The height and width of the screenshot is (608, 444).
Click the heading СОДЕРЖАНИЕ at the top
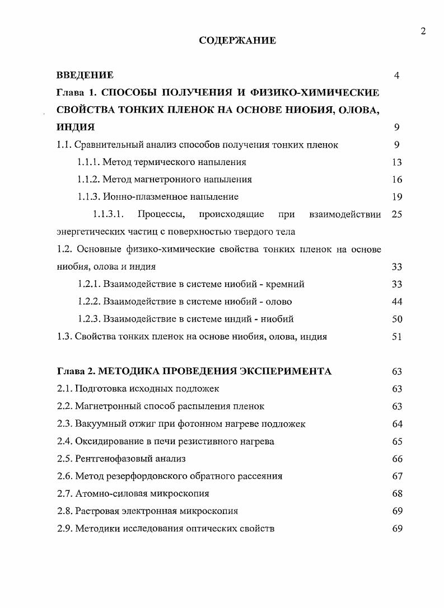click(x=237, y=40)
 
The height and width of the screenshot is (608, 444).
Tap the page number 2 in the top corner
click(x=423, y=31)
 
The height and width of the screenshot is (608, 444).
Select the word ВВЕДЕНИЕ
click(x=85, y=75)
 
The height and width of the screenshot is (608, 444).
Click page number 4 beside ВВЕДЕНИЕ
click(x=396, y=76)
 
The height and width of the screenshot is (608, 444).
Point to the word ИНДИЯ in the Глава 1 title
click(x=76, y=127)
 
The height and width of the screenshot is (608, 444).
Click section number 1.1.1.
click(x=88, y=162)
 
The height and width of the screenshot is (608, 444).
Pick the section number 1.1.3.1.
click(x=108, y=214)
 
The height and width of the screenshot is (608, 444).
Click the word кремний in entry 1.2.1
click(x=286, y=284)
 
